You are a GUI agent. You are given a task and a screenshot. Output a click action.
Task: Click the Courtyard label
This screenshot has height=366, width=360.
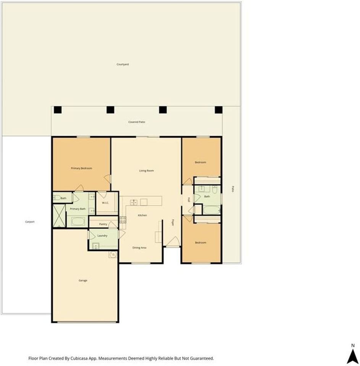coord(123,64)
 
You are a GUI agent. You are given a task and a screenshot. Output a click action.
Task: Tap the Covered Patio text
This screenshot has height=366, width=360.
coord(137,122)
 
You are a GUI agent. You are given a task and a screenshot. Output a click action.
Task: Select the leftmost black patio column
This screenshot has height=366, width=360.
coord(57,110)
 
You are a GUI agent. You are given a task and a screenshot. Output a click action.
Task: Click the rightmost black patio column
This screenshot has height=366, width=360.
coord(218,110)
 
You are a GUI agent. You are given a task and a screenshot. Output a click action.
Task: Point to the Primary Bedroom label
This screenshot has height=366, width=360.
coord(81,168)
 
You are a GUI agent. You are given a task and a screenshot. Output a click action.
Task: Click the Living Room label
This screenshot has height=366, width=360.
coord(146,170)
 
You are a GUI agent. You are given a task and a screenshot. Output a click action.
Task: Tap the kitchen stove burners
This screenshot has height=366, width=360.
coord(123,219)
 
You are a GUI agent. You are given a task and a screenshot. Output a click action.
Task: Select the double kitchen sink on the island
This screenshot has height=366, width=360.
coord(134,202)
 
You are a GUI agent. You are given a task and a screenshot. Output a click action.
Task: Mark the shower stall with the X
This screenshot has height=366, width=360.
coord(59,216)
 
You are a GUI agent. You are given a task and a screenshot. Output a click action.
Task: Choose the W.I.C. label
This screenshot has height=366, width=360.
coord(105,202)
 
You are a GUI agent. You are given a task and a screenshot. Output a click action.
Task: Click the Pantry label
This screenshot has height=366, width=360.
coord(103,224)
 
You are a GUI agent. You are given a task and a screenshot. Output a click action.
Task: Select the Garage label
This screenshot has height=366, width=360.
coord(83,280)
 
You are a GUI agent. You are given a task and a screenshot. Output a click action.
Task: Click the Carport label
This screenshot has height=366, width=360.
coord(30,222)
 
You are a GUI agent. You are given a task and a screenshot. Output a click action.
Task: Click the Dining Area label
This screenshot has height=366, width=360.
coord(139,248)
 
